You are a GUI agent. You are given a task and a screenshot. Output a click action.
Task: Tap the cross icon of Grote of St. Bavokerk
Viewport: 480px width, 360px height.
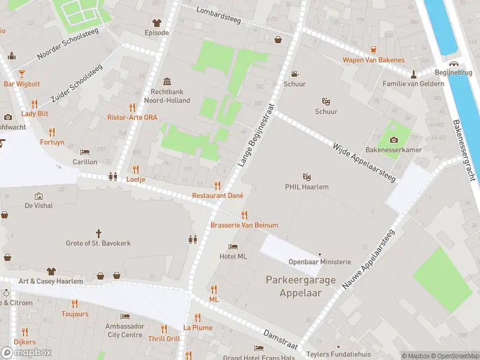pos(98,233)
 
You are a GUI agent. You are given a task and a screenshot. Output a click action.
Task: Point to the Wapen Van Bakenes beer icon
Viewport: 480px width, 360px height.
pos(373,50)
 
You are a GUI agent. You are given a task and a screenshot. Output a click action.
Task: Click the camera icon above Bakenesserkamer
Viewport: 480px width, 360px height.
pos(394,139)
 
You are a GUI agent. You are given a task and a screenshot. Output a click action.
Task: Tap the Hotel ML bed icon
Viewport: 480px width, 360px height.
pos(233,247)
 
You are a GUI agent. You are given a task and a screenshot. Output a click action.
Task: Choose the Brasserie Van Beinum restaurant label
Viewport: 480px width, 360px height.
pos(244,225)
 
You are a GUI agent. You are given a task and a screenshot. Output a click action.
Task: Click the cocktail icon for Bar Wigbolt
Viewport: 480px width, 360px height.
pos(22,74)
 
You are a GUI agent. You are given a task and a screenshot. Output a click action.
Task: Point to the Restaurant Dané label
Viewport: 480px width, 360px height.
pos(217,196)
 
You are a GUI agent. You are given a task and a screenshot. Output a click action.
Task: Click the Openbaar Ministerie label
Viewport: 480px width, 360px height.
pos(319,262)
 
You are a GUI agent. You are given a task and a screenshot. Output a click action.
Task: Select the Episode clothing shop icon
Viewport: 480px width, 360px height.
pos(157,22)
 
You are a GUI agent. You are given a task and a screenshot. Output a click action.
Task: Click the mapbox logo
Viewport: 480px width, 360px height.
pos(27,352)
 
